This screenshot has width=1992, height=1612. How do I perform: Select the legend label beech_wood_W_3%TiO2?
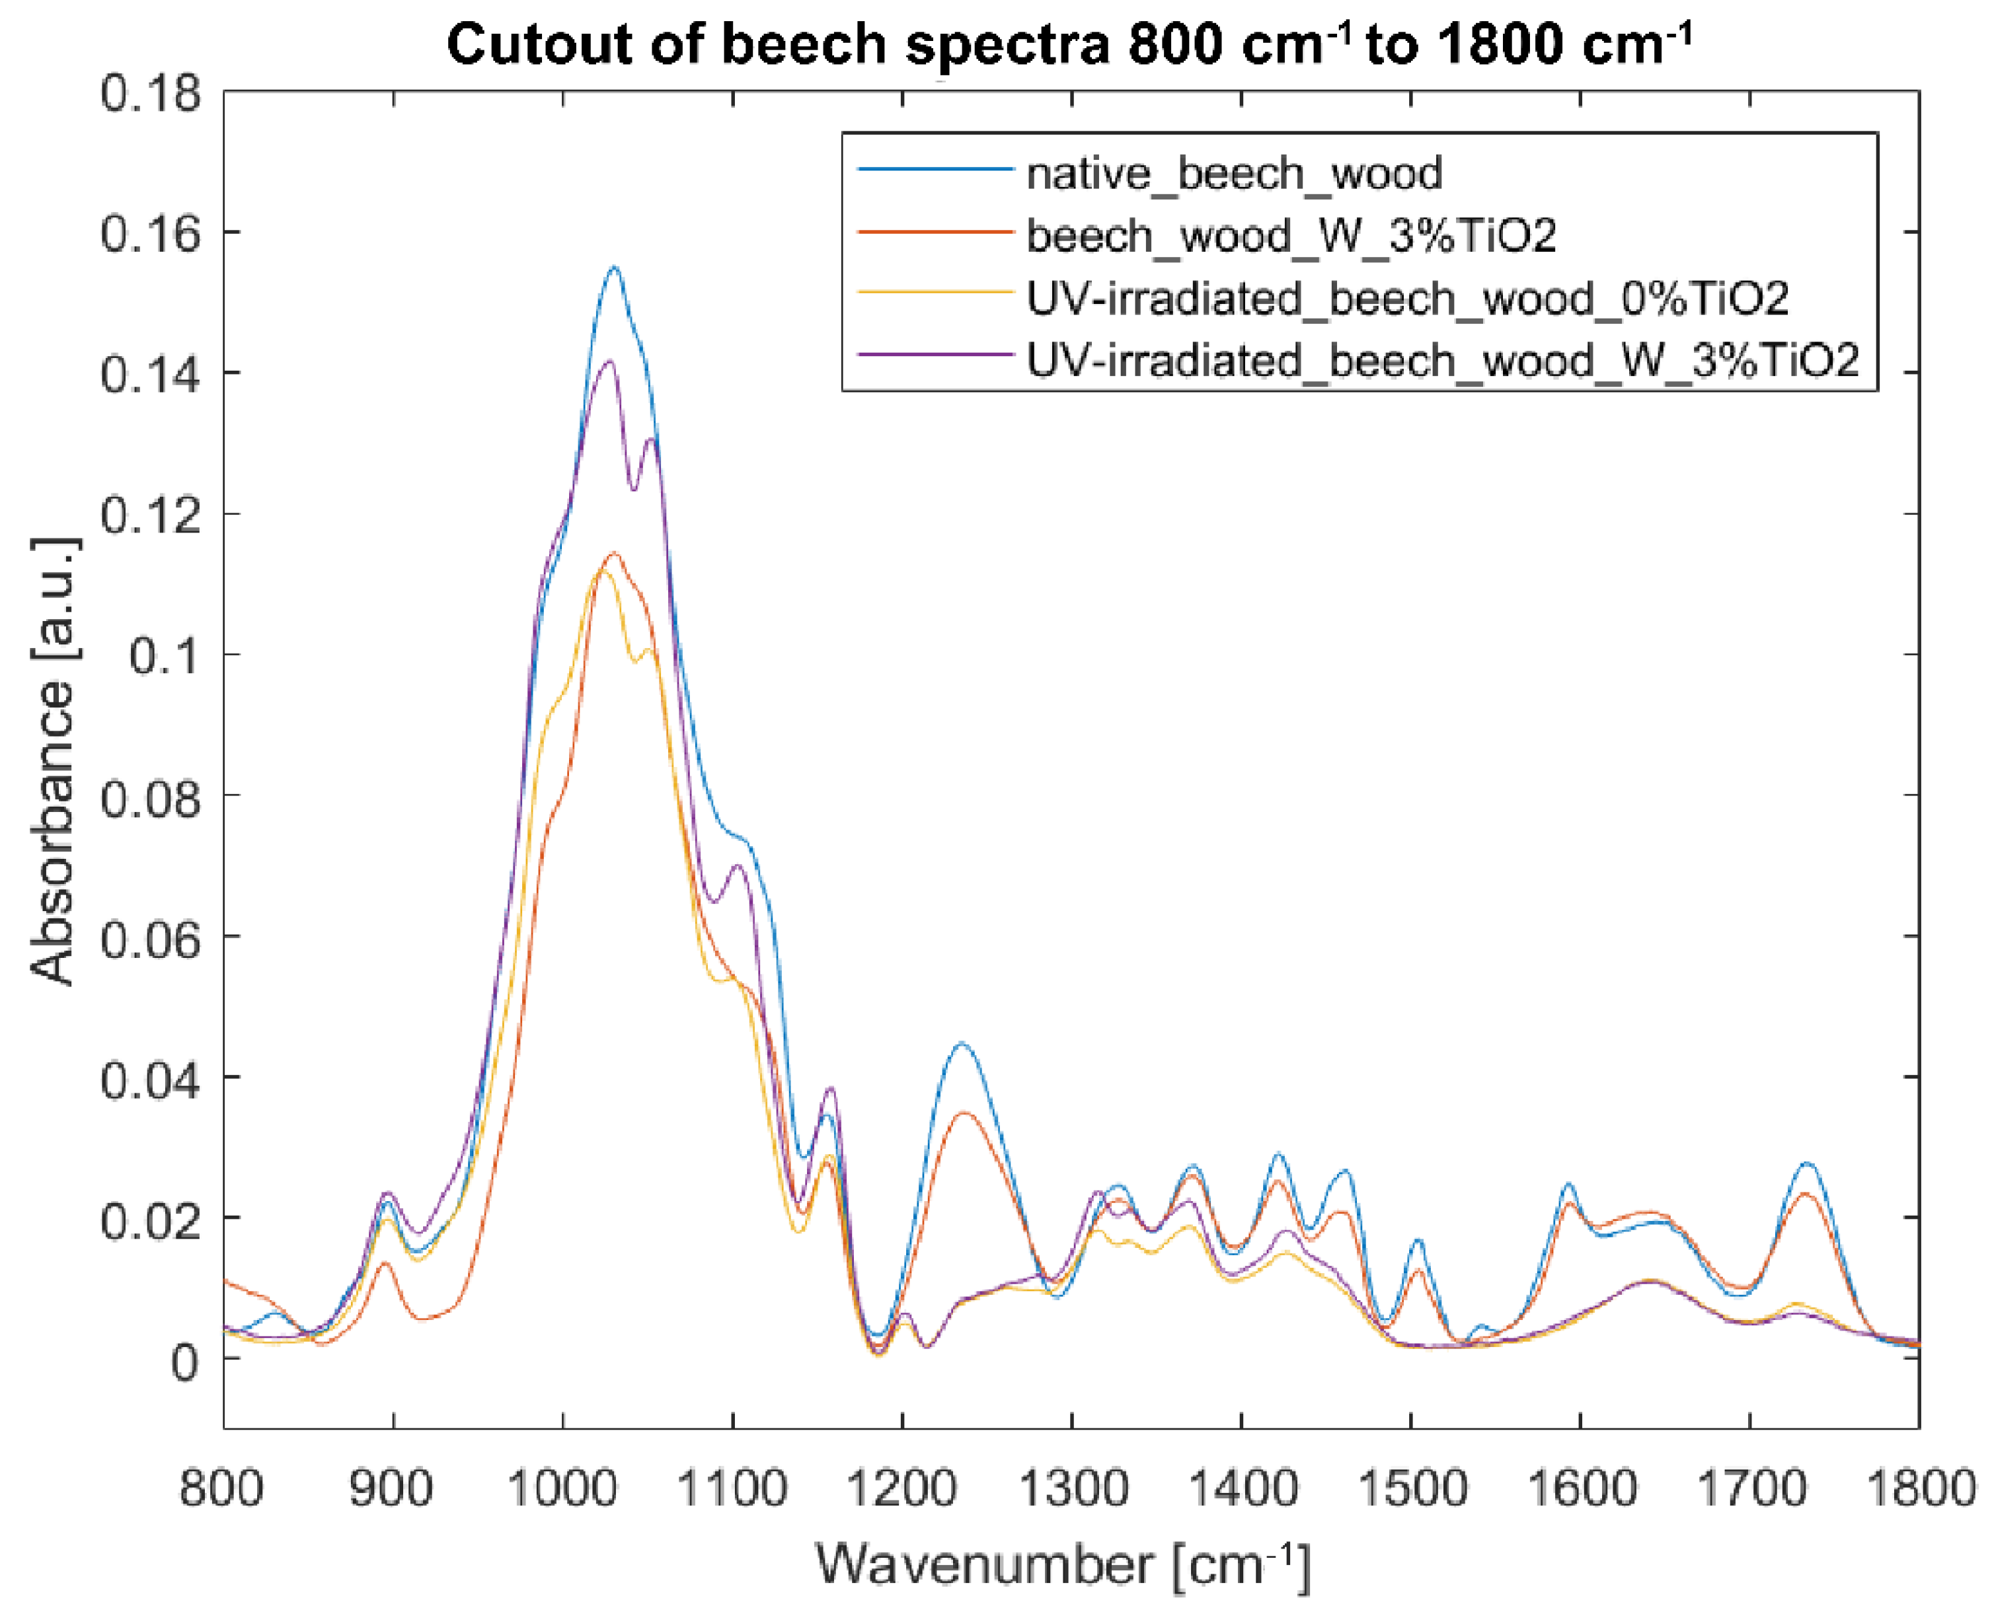pos(1291,236)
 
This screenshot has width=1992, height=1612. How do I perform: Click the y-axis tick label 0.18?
pos(151,94)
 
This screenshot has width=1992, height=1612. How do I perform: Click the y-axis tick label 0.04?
pos(151,1080)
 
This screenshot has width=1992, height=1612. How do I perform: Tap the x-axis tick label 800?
pos(221,1489)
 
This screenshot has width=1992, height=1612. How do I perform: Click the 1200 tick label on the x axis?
pos(901,1489)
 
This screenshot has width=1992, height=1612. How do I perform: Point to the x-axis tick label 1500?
pos(1412,1489)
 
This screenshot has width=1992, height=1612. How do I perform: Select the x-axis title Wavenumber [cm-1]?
pos(1063,1566)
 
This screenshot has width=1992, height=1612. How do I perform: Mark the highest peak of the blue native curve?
pos(613,268)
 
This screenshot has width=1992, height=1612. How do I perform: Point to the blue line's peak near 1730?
pos(1806,1163)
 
